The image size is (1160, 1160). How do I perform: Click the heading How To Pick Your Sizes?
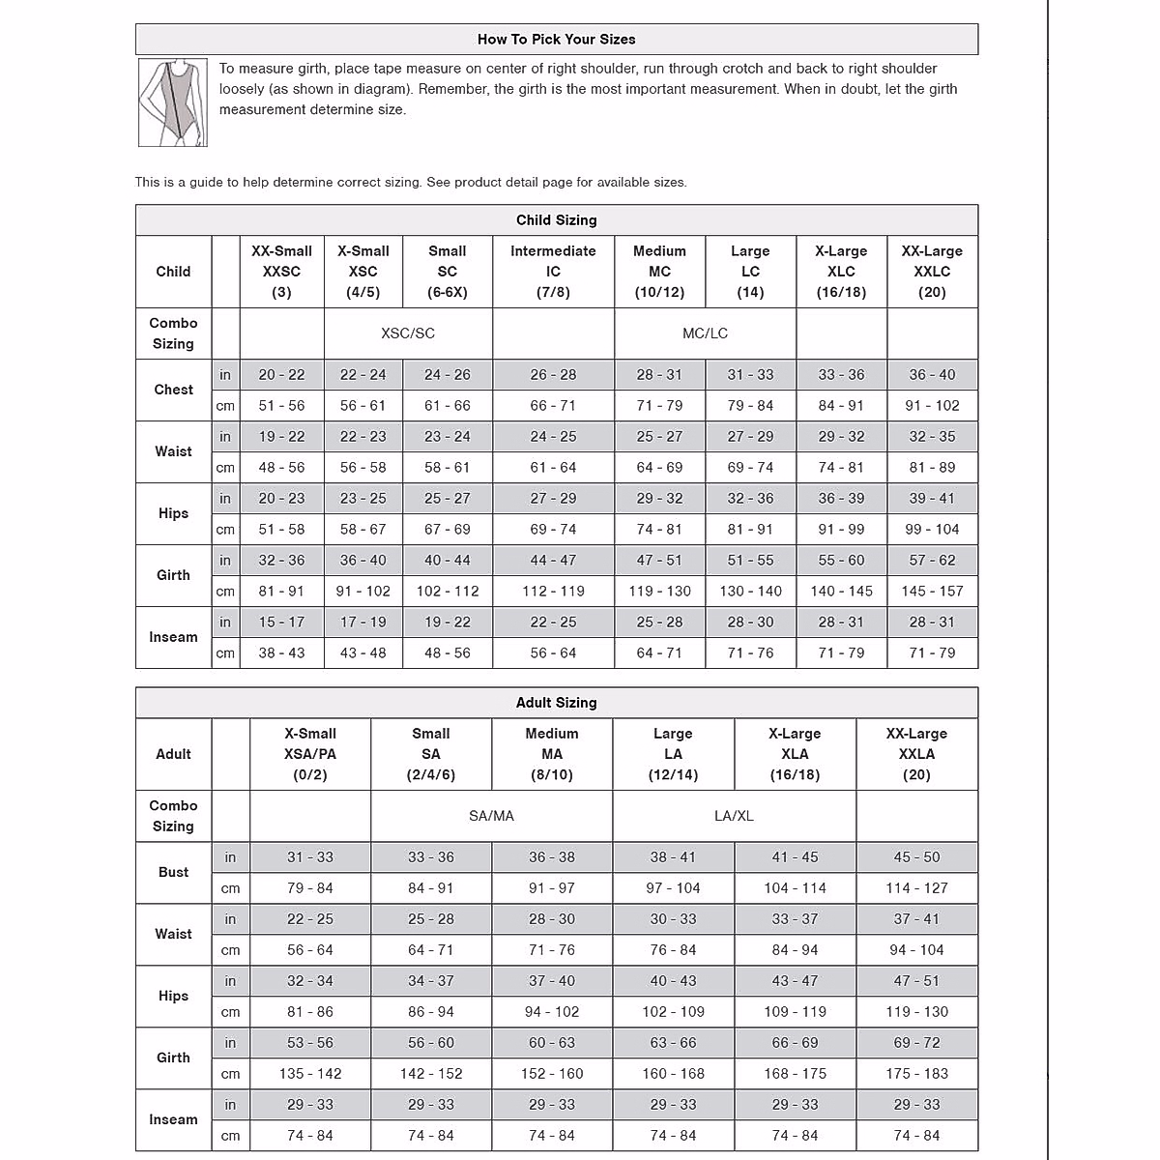point(556,40)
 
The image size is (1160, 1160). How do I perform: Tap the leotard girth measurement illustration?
point(173,102)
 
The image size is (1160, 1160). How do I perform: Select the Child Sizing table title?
point(556,220)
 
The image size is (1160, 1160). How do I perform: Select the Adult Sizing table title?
point(556,703)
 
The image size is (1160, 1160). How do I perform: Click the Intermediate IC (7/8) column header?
point(553,272)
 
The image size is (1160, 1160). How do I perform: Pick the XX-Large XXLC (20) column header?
point(932,272)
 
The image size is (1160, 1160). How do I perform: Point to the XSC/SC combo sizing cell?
point(408,333)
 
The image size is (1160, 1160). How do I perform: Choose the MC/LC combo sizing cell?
point(705,333)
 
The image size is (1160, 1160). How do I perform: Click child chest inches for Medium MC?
point(659,375)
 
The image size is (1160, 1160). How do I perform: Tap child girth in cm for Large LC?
point(750,592)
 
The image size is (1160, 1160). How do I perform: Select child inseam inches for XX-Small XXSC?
point(281,623)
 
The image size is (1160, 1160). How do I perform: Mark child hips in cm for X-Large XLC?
point(841,530)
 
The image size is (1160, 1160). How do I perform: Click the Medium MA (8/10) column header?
point(552,754)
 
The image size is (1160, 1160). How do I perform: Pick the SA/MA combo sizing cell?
point(491,816)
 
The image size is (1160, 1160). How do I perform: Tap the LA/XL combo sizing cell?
point(734,816)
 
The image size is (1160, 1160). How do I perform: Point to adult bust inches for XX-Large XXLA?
point(916,857)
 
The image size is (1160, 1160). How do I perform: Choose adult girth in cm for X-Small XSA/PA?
point(309,1074)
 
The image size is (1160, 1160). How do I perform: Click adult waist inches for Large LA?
point(673,919)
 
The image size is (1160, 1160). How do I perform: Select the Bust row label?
point(173,872)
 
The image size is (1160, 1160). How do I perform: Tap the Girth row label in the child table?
point(173,575)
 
